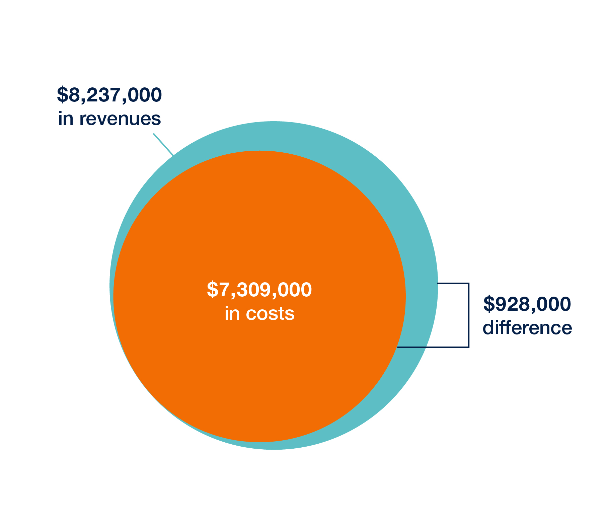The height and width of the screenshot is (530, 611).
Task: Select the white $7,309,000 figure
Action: point(259,290)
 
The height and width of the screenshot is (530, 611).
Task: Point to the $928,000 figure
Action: point(527,304)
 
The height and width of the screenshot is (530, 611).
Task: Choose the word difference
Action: point(527,328)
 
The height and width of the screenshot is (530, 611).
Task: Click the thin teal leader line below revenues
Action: point(163,145)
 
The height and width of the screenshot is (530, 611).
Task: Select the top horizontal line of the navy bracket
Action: point(453,284)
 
